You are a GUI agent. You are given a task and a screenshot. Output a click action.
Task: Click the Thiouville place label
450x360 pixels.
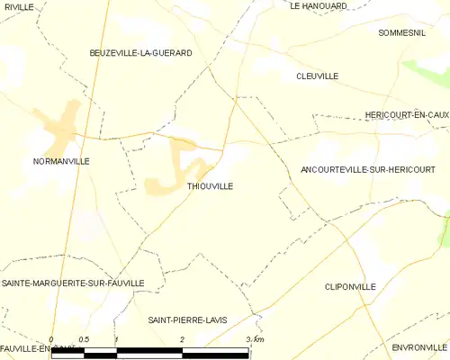click(x=210, y=186)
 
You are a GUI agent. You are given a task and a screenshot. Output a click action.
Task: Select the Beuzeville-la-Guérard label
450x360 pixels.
click(x=140, y=54)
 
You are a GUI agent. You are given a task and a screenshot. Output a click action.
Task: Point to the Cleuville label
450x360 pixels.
click(x=317, y=76)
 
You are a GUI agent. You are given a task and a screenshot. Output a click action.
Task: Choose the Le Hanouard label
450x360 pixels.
click(x=319, y=6)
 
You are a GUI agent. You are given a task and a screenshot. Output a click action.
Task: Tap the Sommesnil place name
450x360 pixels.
click(x=401, y=32)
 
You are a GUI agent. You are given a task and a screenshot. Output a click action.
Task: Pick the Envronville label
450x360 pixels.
click(x=418, y=346)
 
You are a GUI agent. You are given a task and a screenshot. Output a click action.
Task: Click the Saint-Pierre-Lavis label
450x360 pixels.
click(x=188, y=320)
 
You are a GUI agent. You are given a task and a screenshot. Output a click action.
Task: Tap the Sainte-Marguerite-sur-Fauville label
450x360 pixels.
click(x=73, y=283)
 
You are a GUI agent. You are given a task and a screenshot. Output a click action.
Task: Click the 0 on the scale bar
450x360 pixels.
click(x=51, y=339)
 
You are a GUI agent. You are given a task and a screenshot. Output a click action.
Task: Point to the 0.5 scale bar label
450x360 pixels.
click(x=83, y=339)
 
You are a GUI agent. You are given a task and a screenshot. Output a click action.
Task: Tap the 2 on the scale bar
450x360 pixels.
click(x=183, y=339)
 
